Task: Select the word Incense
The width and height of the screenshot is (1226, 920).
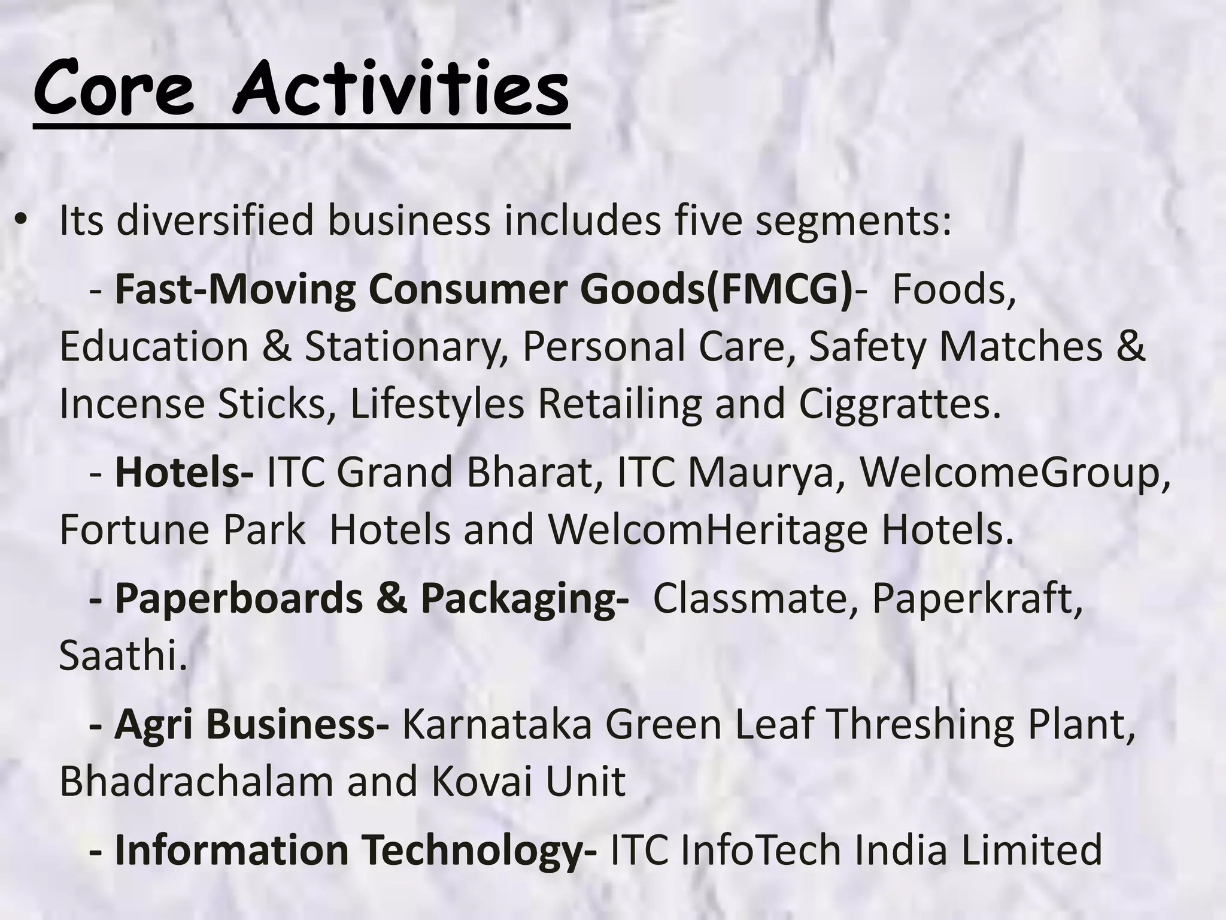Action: pyautogui.click(x=132, y=404)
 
